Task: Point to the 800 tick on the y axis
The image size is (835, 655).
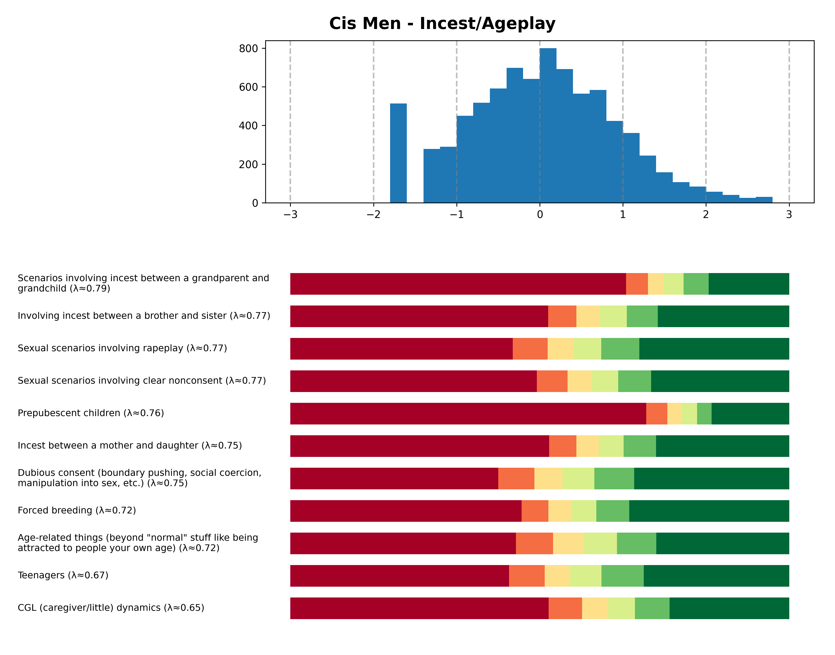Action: click(x=248, y=49)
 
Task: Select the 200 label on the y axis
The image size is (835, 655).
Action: click(x=248, y=164)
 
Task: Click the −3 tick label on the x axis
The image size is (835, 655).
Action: click(x=290, y=215)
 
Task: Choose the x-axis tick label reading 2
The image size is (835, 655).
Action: click(x=706, y=215)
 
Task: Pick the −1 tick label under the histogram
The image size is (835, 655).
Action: click(x=456, y=215)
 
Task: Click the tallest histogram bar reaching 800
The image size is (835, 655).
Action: click(x=548, y=127)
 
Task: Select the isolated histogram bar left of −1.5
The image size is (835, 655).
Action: click(x=398, y=153)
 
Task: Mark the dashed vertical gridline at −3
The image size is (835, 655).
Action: click(x=290, y=115)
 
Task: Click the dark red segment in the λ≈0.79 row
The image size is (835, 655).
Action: click(x=458, y=284)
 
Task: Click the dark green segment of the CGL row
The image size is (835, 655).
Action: click(x=729, y=608)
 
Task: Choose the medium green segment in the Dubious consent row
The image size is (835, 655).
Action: click(x=614, y=479)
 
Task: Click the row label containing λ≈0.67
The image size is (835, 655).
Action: click(x=63, y=575)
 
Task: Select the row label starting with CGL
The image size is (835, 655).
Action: click(x=111, y=608)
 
